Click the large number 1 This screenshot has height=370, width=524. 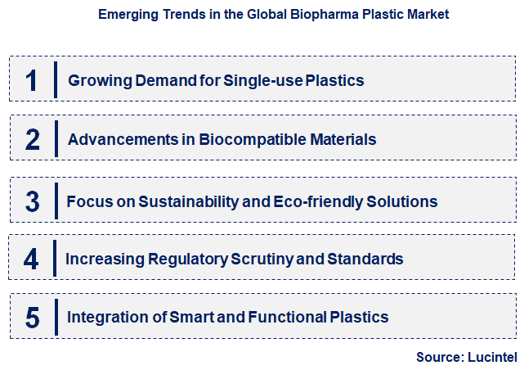coord(32,80)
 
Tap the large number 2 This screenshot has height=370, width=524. coord(32,139)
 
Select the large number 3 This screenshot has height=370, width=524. coord(32,201)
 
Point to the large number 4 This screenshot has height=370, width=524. coord(31,259)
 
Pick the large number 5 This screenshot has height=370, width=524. coord(32,318)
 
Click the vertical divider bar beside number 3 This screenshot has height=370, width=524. coord(56,201)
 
